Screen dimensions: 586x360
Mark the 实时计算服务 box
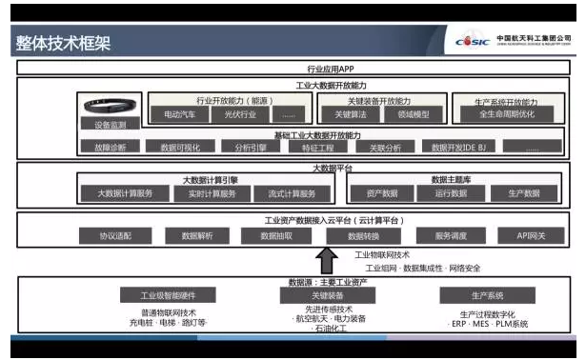pos(206,193)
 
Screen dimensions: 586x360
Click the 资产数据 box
pos(383,193)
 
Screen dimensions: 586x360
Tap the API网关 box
pos(531,236)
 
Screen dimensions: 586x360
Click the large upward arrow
pos(326,260)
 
